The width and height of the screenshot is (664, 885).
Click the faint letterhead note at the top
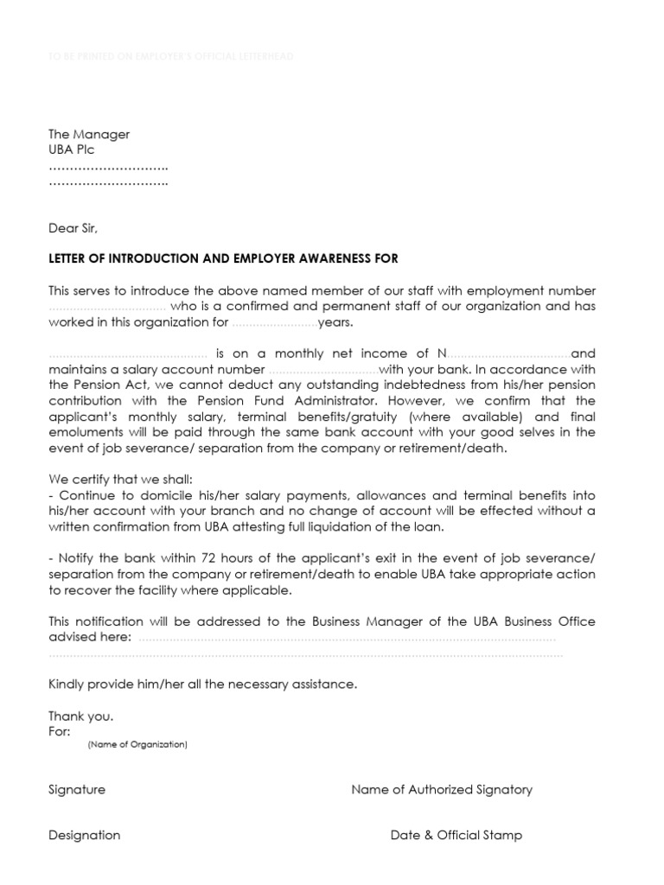click(171, 56)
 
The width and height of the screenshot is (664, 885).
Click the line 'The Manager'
click(89, 134)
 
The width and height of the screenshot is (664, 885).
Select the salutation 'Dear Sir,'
click(73, 228)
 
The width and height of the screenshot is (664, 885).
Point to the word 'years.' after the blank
click(336, 322)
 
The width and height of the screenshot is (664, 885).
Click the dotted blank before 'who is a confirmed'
click(107, 307)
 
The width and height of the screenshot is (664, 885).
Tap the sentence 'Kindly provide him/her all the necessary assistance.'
click(202, 684)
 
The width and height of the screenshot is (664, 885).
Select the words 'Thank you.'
click(81, 716)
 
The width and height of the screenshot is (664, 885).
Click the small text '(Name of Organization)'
click(137, 744)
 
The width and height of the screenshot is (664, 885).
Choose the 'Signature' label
click(77, 789)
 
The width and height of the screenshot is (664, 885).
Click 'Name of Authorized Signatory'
click(442, 789)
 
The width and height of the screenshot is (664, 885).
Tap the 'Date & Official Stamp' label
click(456, 835)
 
